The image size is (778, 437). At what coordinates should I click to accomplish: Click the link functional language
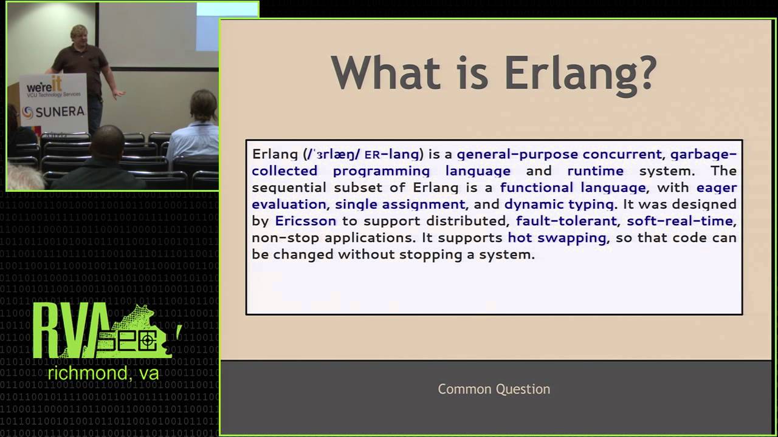[x=573, y=188]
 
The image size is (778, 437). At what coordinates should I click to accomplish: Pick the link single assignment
[x=400, y=204]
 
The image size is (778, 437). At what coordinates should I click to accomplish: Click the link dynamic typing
[x=559, y=204]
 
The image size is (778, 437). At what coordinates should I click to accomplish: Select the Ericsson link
[x=305, y=221]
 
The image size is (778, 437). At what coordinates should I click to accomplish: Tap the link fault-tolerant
[x=566, y=221]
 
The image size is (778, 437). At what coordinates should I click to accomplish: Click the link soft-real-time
[x=680, y=221]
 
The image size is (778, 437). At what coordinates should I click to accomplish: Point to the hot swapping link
[x=557, y=237]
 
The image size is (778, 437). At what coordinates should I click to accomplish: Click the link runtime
[x=595, y=171]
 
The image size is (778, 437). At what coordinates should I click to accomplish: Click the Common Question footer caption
[x=494, y=389]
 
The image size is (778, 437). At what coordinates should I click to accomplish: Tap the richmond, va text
[x=103, y=373]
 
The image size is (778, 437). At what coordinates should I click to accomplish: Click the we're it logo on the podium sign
[x=44, y=86]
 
